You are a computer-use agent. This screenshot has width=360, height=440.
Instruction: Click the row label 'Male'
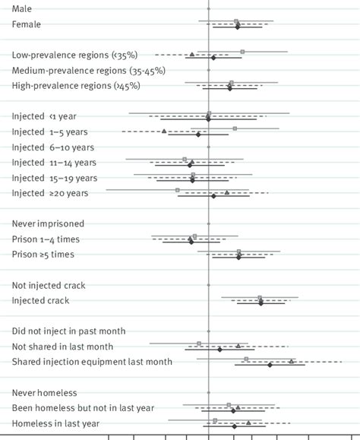coord(23,8)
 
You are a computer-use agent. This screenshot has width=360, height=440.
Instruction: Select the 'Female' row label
coord(27,24)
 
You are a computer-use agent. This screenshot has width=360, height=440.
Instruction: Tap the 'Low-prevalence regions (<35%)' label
coord(74,55)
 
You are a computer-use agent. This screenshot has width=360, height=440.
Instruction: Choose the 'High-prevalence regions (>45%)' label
coord(76,86)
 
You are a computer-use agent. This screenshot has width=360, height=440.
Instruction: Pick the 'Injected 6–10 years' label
coord(53,147)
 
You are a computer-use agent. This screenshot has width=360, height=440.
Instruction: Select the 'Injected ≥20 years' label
coord(50,193)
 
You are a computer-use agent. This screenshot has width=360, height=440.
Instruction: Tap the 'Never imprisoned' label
coord(48,223)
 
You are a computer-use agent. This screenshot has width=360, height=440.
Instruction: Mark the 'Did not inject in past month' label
coord(69,331)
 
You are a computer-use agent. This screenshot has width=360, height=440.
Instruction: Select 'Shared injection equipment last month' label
coord(92,362)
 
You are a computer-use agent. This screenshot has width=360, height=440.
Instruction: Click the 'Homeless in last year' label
coord(56,423)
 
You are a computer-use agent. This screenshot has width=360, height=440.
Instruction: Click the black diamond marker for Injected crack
coord(261,303)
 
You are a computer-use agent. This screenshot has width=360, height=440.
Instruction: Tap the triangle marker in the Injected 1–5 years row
coord(164,131)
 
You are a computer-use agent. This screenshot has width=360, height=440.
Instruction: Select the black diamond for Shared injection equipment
coord(270,365)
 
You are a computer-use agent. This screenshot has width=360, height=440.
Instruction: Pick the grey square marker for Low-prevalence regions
coord(242,52)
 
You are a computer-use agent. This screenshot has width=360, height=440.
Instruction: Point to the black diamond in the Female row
coord(238,27)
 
